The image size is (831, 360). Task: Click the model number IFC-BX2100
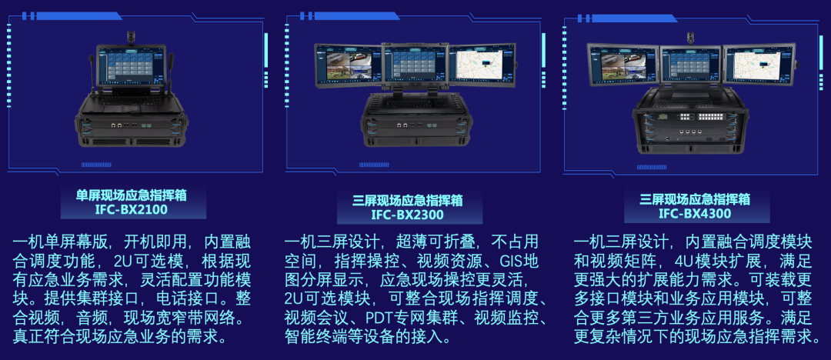(131, 209)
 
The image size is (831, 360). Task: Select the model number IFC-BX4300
(694, 214)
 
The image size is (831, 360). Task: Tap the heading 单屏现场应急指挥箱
(131, 195)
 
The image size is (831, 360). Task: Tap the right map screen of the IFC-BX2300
(482, 65)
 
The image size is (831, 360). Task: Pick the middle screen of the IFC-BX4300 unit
(690, 65)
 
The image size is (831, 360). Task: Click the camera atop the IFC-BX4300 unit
(690, 38)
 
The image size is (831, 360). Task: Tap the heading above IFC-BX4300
(694, 198)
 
